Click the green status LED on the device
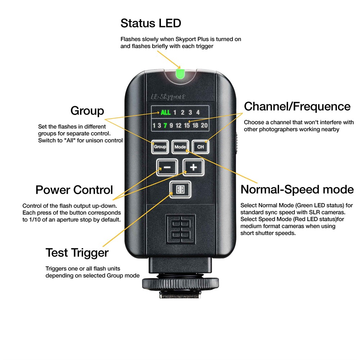coord(180,74)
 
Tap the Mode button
coord(180,147)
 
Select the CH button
coord(201,147)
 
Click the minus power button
coord(167,167)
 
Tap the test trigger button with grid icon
coord(180,190)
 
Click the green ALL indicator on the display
coord(166,112)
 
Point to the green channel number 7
coord(165,125)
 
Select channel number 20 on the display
coord(204,125)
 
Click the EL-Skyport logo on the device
coord(168,96)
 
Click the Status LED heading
coord(151,23)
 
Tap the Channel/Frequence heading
coord(297,107)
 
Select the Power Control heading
coord(74,190)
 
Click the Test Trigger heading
coord(77,253)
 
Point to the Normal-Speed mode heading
coord(297,190)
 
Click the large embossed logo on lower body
coord(180,229)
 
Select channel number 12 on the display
coord(179,125)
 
